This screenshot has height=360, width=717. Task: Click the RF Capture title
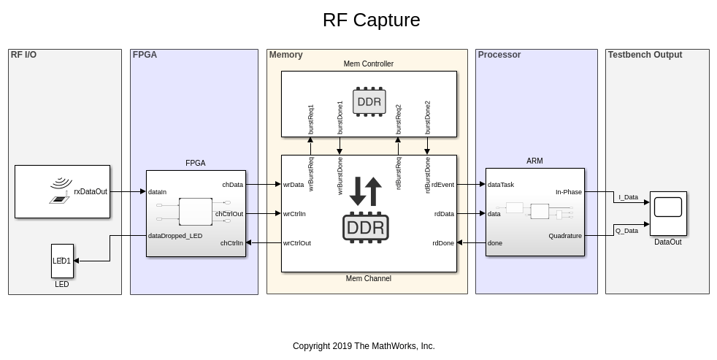pyautogui.click(x=371, y=20)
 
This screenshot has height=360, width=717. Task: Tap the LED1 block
pyautogui.click(x=62, y=261)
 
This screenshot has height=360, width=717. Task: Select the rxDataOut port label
pyautogui.click(x=91, y=192)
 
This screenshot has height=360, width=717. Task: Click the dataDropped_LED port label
pyautogui.click(x=175, y=236)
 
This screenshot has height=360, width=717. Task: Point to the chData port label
pyautogui.click(x=233, y=185)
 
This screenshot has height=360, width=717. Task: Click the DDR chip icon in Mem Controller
pyautogui.click(x=369, y=102)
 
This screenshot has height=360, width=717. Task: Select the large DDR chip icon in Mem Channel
pyautogui.click(x=366, y=227)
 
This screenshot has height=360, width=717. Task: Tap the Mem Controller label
pyautogui.click(x=369, y=64)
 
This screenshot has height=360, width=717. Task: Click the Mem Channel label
pyautogui.click(x=369, y=279)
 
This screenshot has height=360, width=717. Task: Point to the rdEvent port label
pyautogui.click(x=442, y=185)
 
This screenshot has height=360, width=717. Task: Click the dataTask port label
pyautogui.click(x=501, y=185)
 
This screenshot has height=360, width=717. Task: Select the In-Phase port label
pyautogui.click(x=569, y=192)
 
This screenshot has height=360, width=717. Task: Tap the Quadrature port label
pyautogui.click(x=565, y=236)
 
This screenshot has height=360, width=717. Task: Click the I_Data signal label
pyautogui.click(x=628, y=197)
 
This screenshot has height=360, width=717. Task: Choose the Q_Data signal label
pyautogui.click(x=626, y=231)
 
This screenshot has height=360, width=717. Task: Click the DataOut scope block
pyautogui.click(x=668, y=212)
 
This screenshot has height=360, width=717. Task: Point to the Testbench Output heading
pyautogui.click(x=645, y=55)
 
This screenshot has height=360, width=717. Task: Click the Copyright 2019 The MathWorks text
pyautogui.click(x=364, y=346)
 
